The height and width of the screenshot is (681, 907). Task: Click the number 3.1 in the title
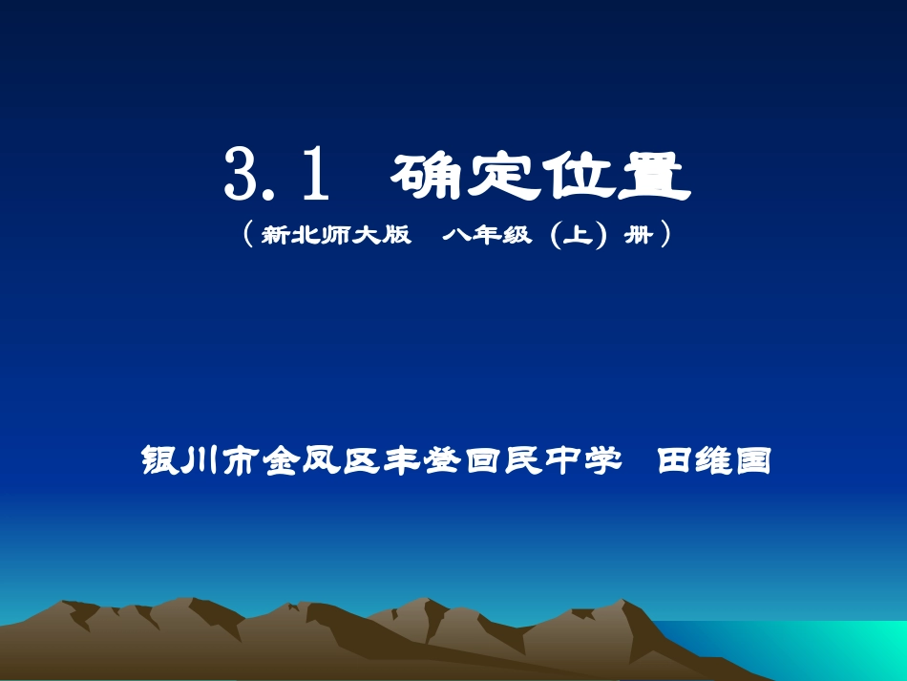277,175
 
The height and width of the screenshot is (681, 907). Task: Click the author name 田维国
713,462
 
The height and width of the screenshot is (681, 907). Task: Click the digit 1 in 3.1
314,175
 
